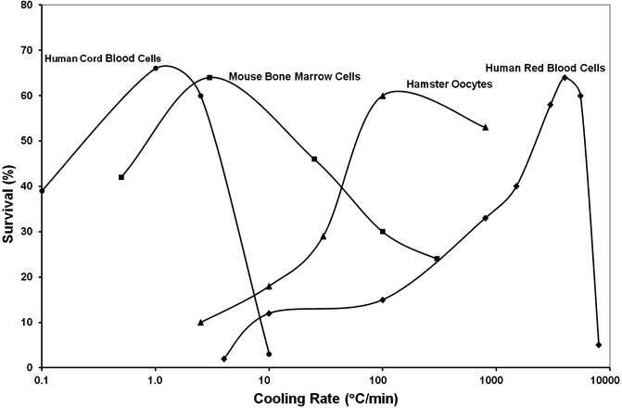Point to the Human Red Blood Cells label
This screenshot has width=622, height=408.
pos(547,67)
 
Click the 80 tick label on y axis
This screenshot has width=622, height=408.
pos(27,6)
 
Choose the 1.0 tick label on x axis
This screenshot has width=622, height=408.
pos(155,379)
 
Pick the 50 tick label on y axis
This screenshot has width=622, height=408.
pos(27,141)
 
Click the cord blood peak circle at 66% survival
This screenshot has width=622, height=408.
pos(156,68)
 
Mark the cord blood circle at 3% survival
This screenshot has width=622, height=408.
pos(269,354)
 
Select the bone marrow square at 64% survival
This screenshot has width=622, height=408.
pos(209,77)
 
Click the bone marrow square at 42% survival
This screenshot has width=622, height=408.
pos(121,177)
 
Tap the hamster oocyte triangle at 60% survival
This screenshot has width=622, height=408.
pos(382,96)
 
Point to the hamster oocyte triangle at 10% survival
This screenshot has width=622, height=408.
pos(201,323)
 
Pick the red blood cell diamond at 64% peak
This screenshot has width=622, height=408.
pos(565,77)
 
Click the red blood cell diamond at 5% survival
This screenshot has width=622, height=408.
pos(599,345)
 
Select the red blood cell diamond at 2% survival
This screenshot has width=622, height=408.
pos(224,359)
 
